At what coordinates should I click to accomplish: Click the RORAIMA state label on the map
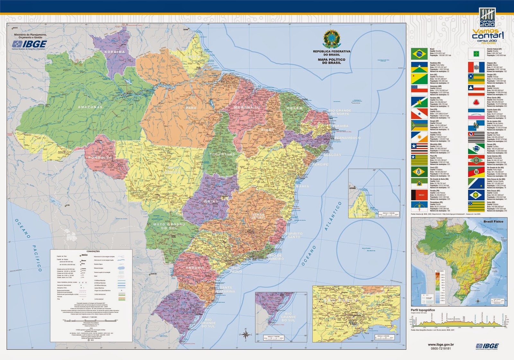tap(115, 52)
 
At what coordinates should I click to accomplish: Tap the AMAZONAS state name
tap(90, 107)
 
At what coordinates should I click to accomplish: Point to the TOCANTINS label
tap(222, 154)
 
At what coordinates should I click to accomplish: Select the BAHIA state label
tap(303, 186)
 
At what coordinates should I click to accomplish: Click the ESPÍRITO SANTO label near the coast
tap(294, 235)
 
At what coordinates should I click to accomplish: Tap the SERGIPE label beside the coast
tap(321, 164)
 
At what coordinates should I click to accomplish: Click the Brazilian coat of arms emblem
tap(332, 39)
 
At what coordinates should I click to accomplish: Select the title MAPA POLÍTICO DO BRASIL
tap(332, 61)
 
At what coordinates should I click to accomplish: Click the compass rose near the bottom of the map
tap(245, 334)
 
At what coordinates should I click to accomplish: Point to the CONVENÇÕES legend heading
tap(93, 251)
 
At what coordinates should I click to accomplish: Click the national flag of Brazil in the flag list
tap(419, 54)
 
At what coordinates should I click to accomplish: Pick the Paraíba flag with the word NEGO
tap(419, 195)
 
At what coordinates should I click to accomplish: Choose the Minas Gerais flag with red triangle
tap(476, 103)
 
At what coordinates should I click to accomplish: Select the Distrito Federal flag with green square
tap(476, 54)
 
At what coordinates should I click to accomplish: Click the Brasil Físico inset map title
tap(493, 221)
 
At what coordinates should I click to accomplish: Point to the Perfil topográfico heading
tap(423, 310)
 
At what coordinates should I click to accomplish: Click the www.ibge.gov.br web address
tap(441, 345)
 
